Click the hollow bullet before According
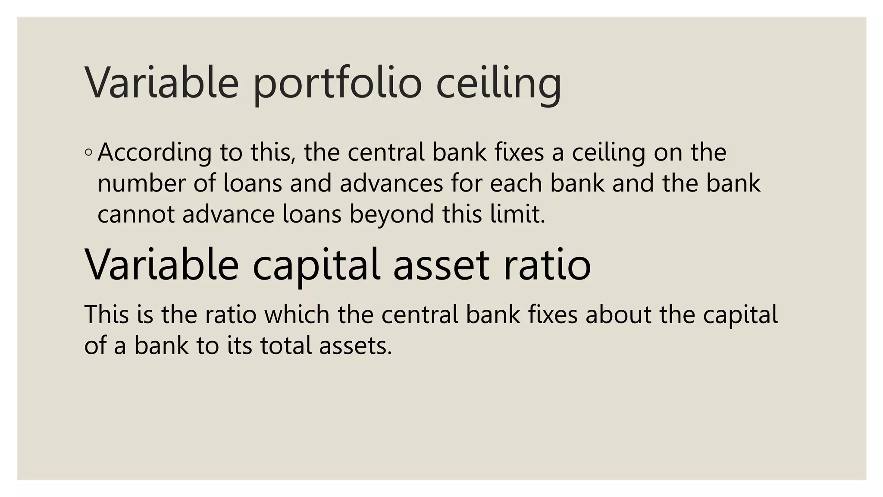click(88, 152)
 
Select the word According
click(154, 153)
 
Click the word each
click(516, 183)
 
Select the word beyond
click(391, 214)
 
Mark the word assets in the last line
click(355, 346)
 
